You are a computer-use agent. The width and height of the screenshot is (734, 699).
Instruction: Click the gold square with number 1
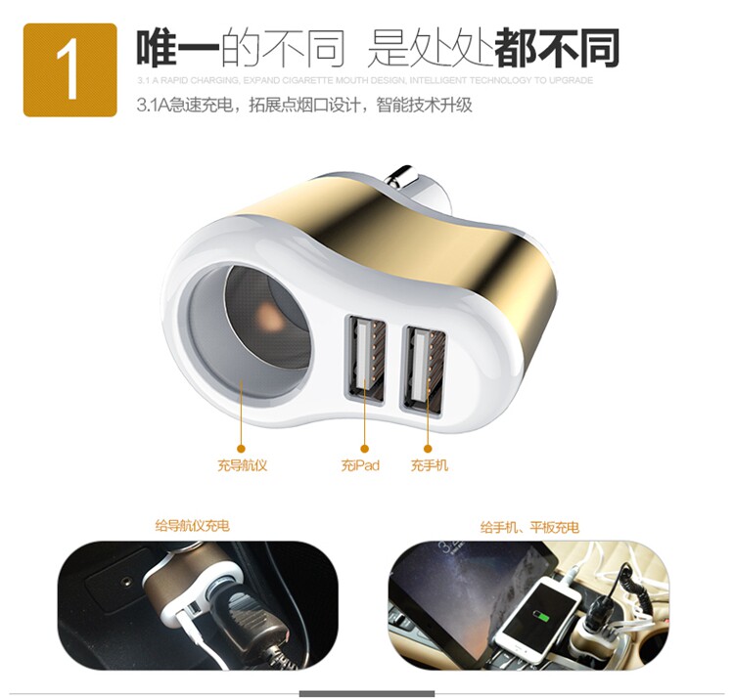(69, 69)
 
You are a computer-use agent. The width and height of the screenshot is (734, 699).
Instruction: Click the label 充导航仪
(242, 465)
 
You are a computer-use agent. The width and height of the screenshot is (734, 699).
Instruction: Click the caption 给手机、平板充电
(529, 527)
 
